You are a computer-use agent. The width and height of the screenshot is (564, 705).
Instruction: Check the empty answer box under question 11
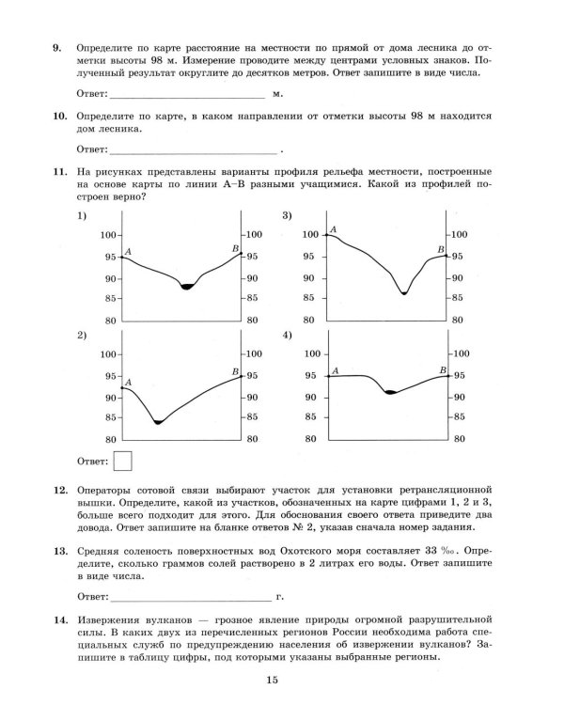[x=122, y=461]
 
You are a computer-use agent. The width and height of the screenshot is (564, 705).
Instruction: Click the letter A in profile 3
[x=334, y=229]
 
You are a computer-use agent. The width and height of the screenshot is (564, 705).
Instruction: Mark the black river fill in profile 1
[x=187, y=285]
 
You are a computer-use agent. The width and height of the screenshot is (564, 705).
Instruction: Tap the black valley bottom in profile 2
[x=158, y=422]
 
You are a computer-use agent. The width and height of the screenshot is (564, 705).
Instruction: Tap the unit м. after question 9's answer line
[x=277, y=95]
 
